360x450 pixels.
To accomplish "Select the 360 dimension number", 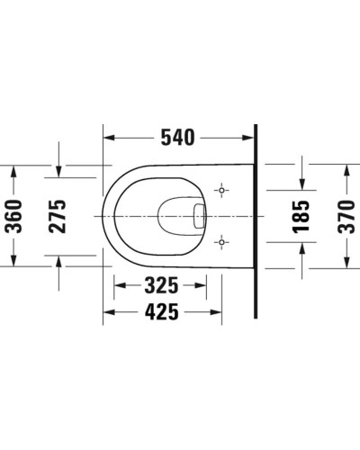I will (x=14, y=216).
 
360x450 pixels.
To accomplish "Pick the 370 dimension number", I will (x=346, y=216).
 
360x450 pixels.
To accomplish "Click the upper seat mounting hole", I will (x=222, y=192).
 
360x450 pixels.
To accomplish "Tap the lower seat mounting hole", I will (x=222, y=241).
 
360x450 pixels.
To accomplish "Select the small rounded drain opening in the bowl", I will (x=201, y=216).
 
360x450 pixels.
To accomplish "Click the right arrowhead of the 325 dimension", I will (x=217, y=288).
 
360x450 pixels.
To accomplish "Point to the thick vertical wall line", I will (x=256, y=225).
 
